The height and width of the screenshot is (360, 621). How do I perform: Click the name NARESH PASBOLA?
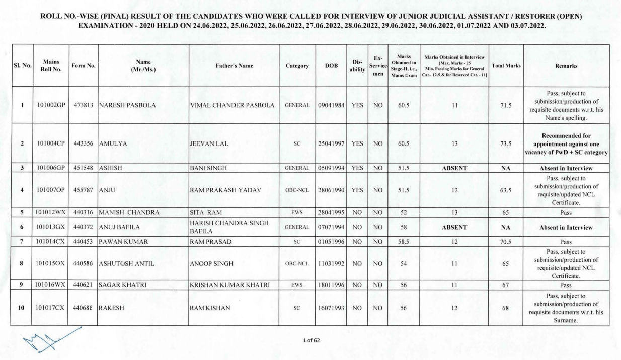127,106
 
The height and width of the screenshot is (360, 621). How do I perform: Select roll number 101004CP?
52,143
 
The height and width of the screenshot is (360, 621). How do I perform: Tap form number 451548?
82,168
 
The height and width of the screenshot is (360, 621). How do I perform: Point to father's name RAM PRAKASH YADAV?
225,191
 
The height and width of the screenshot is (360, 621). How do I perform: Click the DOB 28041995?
331,213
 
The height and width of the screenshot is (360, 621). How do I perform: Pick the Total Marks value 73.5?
506,143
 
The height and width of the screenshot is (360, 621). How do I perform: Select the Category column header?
297,66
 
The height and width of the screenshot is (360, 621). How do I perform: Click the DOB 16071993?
331,307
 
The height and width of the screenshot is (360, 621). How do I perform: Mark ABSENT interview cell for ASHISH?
455,168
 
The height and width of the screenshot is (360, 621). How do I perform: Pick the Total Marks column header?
506,66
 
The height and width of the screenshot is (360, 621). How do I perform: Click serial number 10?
22,307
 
